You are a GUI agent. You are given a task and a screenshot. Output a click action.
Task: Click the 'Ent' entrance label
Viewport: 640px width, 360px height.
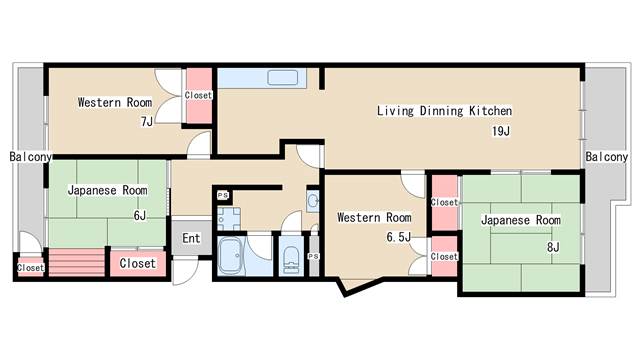coord(191,238)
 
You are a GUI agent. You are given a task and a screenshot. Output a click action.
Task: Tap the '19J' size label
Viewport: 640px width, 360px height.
coord(501,131)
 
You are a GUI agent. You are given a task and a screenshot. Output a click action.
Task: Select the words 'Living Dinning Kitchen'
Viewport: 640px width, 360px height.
coord(444,111)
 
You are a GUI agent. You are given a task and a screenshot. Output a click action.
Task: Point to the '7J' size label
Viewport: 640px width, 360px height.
coord(146,122)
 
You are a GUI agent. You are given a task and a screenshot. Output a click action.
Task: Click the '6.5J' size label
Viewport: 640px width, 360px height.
coord(398,237)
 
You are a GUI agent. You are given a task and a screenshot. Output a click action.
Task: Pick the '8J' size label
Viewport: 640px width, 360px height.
coord(553,247)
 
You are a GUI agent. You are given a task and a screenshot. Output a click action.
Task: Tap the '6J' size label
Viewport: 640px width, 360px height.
coord(140,215)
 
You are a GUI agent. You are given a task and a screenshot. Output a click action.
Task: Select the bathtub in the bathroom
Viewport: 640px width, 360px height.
coord(230,256)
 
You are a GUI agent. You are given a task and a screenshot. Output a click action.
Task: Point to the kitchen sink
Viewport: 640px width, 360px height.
coord(282,78)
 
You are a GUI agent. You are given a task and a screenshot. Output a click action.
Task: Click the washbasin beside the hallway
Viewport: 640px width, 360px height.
coord(313,201)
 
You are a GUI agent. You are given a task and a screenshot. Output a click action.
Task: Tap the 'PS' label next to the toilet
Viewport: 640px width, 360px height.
coord(313,256)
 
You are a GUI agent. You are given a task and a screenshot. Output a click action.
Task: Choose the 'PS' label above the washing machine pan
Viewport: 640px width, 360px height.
coord(223,195)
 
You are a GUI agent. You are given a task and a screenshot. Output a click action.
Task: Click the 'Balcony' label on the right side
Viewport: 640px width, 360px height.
coord(607,157)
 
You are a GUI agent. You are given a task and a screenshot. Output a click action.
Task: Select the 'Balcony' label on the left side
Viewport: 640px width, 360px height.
coord(31,157)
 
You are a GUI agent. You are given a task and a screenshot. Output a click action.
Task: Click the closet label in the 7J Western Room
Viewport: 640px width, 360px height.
coord(198,95)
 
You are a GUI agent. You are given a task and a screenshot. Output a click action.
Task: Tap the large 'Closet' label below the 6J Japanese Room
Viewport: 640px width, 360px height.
coord(138,263)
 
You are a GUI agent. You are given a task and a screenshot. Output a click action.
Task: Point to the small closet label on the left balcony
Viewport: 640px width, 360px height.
coord(31,268)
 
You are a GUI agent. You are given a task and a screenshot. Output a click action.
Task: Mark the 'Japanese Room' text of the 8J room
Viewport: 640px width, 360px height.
coord(521,220)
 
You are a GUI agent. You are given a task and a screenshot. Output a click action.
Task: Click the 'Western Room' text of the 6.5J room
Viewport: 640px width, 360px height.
coord(374,217)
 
